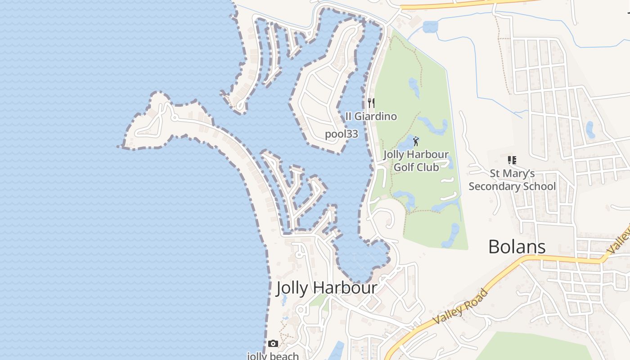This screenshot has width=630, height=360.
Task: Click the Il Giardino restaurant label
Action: pos(371,117)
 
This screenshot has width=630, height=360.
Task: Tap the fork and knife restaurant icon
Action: pos(371,103)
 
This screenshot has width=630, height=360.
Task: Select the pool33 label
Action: pos(342,134)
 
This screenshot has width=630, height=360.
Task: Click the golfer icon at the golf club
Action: pos(416,141)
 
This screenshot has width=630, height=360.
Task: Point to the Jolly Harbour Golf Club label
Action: pos(416,161)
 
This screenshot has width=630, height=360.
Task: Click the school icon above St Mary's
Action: pos(512,160)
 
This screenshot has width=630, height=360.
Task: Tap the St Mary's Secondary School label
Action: pos(512,180)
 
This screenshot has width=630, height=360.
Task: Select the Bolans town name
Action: pos(517,247)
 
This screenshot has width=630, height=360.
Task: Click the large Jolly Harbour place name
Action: pos(326,288)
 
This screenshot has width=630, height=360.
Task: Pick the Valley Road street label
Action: pos(460,307)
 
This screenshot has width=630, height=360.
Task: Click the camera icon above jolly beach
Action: pos(273,344)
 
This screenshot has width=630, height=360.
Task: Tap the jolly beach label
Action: pos(273,356)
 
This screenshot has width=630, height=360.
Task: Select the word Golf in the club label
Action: pos(404,167)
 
